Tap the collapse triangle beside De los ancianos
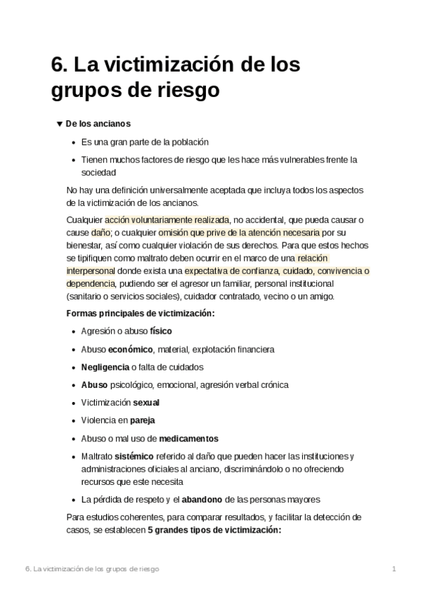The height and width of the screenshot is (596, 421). [x=59, y=124]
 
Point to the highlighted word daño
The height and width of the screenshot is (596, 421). [x=101, y=233]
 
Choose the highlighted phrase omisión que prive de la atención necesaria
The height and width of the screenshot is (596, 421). [x=238, y=233]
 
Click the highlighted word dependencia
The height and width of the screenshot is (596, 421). [x=90, y=283]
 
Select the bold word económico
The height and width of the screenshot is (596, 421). [x=131, y=349]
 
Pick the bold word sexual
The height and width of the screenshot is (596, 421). [x=146, y=403]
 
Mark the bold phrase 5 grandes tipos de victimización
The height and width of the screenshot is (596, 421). [x=214, y=531]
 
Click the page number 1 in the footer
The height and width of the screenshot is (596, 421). [x=395, y=569]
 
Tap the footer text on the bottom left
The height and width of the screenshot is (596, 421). [x=92, y=569]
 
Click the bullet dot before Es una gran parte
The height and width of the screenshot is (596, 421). [x=74, y=142]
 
